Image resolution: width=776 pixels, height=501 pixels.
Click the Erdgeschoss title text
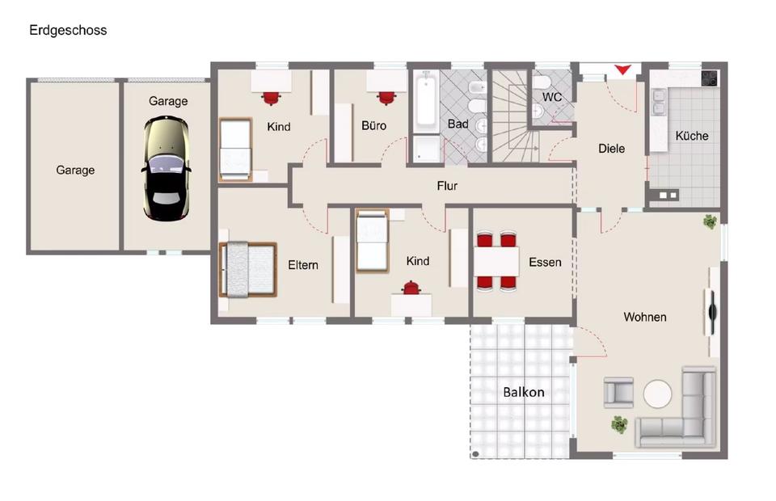click(x=68, y=31)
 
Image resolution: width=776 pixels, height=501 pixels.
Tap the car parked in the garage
click(x=167, y=168)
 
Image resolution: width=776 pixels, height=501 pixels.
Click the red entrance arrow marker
click(x=622, y=70)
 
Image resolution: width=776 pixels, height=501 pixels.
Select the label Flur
click(x=447, y=186)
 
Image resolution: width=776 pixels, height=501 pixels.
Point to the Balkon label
click(x=524, y=392)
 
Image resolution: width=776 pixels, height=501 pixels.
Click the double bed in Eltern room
click(x=247, y=270)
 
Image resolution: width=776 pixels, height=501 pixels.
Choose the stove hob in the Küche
click(x=709, y=78)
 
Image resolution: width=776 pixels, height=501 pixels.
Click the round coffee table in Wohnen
click(x=658, y=394)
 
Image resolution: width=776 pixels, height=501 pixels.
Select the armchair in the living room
click(x=618, y=392)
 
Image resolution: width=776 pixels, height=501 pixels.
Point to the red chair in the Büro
click(x=386, y=97)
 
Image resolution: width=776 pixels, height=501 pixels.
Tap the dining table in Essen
click(x=496, y=262)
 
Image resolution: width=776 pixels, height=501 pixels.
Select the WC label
click(x=551, y=97)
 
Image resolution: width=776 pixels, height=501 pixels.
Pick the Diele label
click(x=611, y=149)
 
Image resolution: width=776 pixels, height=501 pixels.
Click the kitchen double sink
click(x=658, y=101)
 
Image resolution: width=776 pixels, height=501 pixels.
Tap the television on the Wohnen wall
click(x=712, y=312)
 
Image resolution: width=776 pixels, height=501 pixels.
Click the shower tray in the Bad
click(x=427, y=149)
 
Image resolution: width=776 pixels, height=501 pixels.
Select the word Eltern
click(x=303, y=265)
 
